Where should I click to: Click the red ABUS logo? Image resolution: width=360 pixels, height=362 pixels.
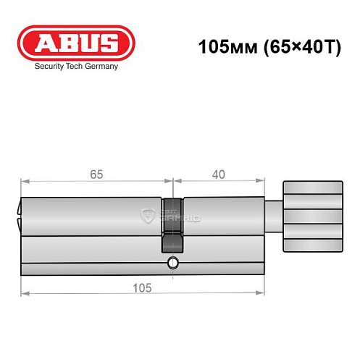75,42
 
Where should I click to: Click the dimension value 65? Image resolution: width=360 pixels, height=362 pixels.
96,174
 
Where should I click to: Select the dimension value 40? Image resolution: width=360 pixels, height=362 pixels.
218,174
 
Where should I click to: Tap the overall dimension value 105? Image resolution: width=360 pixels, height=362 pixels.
141,287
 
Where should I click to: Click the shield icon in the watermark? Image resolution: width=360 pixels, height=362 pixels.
149,215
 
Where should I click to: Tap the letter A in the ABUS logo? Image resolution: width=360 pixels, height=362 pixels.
43,42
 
